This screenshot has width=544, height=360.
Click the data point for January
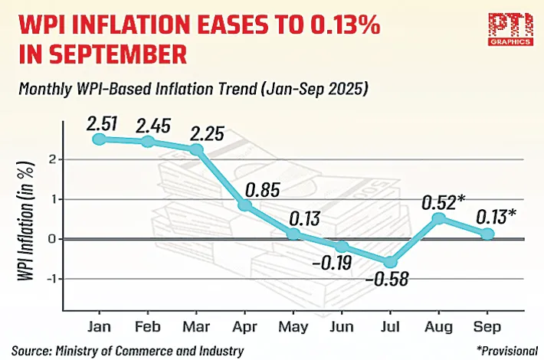[99, 139]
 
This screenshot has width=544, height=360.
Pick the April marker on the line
[244, 205]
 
